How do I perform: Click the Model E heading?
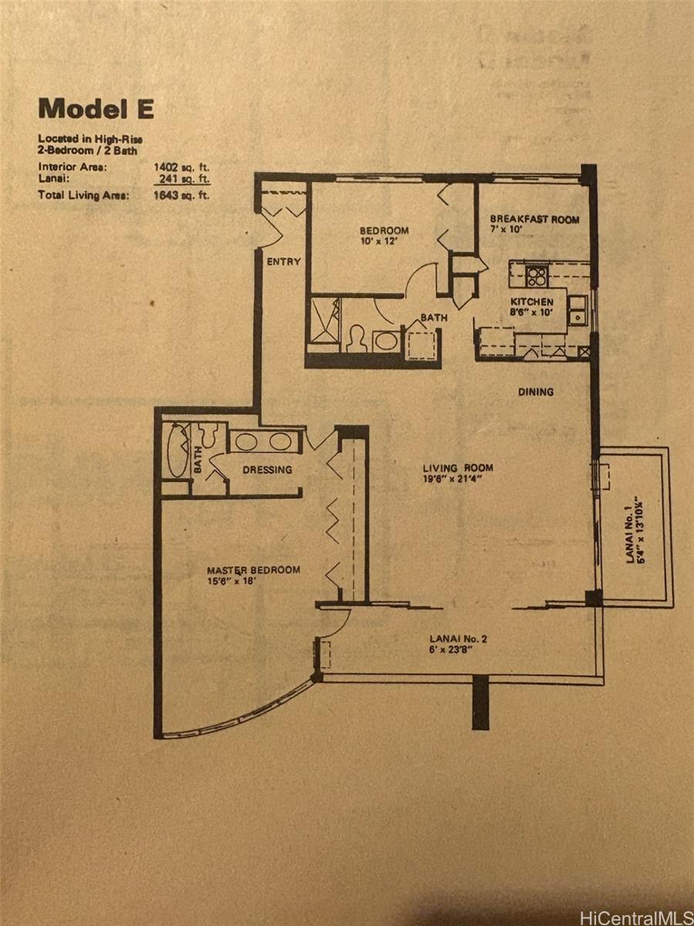(x=96, y=109)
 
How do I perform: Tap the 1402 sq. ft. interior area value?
(x=182, y=167)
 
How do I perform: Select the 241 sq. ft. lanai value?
(x=184, y=179)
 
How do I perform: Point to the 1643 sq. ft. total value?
(x=182, y=195)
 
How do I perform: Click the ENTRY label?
(x=284, y=262)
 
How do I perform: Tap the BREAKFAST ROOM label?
(x=534, y=219)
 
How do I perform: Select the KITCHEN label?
(x=532, y=302)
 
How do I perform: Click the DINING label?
(x=536, y=392)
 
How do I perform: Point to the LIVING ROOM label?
(x=458, y=468)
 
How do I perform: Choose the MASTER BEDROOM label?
(x=253, y=570)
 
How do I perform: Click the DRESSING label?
(x=267, y=469)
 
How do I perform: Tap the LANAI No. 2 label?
(x=458, y=639)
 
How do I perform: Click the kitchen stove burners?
(x=537, y=277)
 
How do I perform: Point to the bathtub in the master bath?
(x=178, y=450)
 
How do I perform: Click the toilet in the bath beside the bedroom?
(x=356, y=338)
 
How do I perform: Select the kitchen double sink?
(x=578, y=311)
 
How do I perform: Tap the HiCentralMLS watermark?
(x=636, y=916)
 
